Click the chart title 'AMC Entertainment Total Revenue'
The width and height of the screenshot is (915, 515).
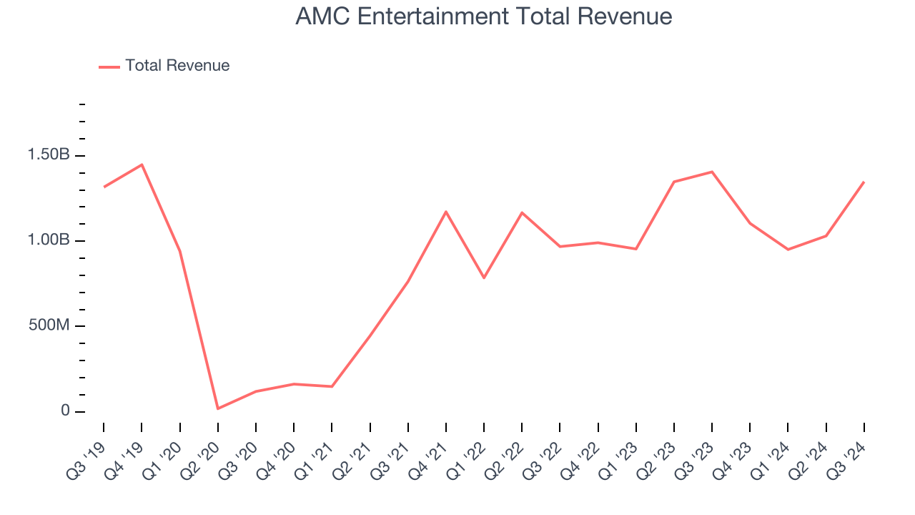tap(483, 16)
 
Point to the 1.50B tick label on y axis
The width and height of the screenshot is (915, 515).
tap(49, 155)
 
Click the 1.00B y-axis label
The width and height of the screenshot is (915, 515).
tap(49, 240)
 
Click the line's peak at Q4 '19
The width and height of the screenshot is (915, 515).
tap(142, 165)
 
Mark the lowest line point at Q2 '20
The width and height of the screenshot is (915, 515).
tap(217, 408)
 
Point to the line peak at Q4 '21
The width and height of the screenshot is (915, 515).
tap(446, 212)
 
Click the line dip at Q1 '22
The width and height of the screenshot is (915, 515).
tap(484, 278)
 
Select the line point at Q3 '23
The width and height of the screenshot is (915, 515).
tap(712, 172)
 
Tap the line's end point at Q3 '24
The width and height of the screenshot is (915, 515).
tap(864, 182)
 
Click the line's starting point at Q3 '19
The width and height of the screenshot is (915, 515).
tap(104, 187)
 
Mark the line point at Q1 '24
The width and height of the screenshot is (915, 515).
tap(788, 249)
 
